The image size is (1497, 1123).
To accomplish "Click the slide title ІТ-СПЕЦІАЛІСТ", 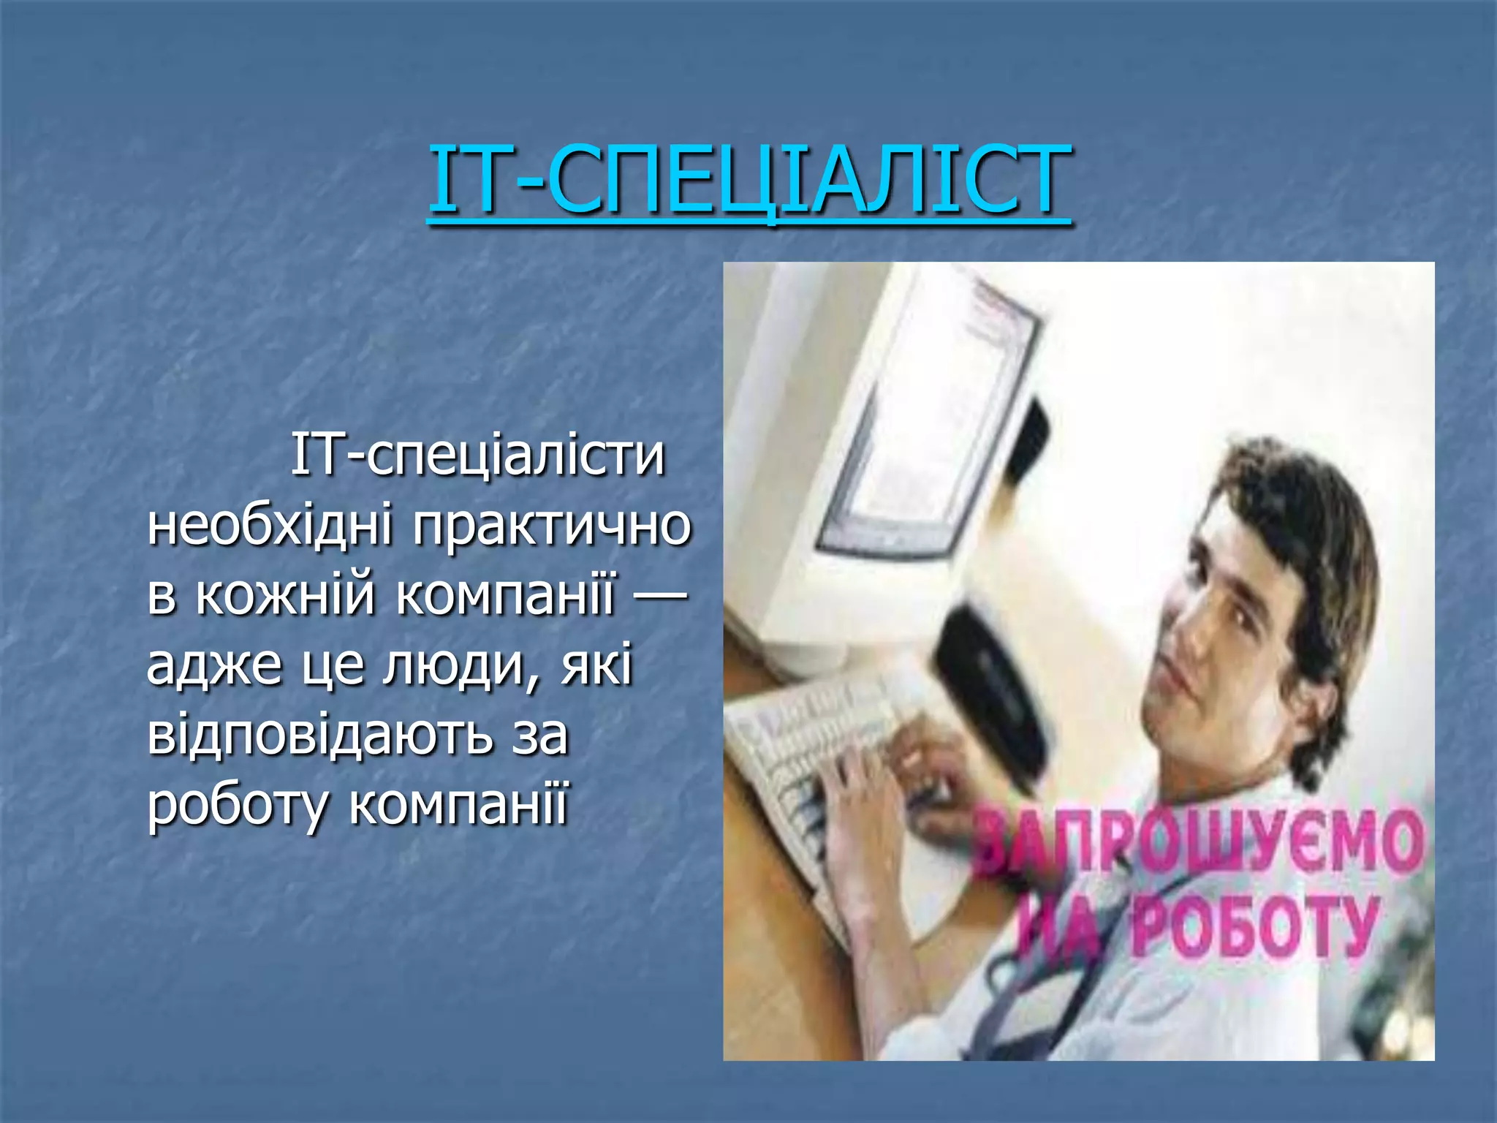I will [x=750, y=180].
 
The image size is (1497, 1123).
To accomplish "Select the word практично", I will [x=552, y=525].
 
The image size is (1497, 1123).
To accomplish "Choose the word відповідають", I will [x=320, y=735].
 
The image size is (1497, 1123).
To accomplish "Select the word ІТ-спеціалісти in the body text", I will [x=478, y=455].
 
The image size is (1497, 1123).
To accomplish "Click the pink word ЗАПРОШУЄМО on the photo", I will [x=1199, y=848].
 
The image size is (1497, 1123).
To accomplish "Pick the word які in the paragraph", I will [x=596, y=666].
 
